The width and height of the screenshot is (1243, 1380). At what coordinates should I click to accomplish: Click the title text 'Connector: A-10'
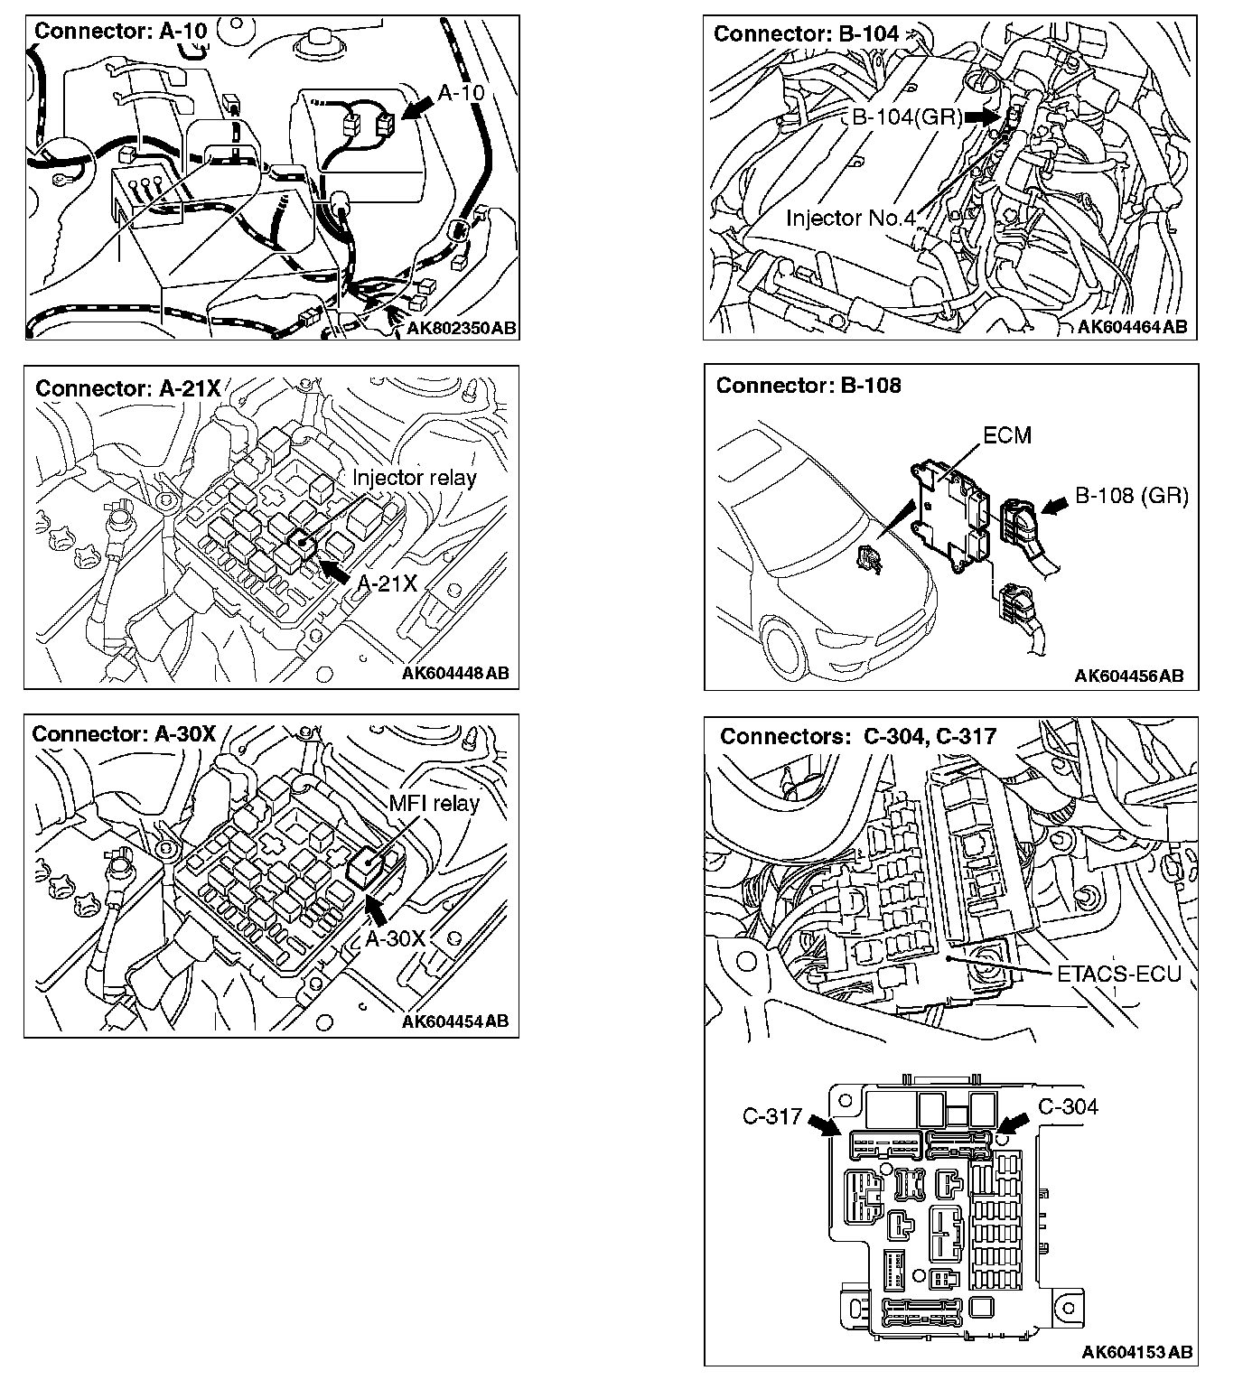120,31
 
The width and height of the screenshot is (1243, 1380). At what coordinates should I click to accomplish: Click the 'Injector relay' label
414,478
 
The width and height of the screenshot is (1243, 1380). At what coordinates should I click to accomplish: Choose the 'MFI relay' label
434,803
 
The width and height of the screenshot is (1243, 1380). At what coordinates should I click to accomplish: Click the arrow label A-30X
395,938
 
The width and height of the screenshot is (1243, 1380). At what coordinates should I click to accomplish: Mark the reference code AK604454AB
455,1021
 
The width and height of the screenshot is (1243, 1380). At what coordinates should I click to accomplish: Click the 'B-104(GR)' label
907,117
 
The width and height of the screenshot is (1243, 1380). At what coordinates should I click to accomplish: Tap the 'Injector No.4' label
850,218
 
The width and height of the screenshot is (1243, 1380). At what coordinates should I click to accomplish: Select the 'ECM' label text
1006,435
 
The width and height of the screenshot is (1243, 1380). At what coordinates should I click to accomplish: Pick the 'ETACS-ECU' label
1118,973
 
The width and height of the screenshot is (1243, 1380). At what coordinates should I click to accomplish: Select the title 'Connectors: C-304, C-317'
858,736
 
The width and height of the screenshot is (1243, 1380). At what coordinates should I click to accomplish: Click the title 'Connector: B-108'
808,386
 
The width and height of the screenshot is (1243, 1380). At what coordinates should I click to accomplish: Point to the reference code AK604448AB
455,673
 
